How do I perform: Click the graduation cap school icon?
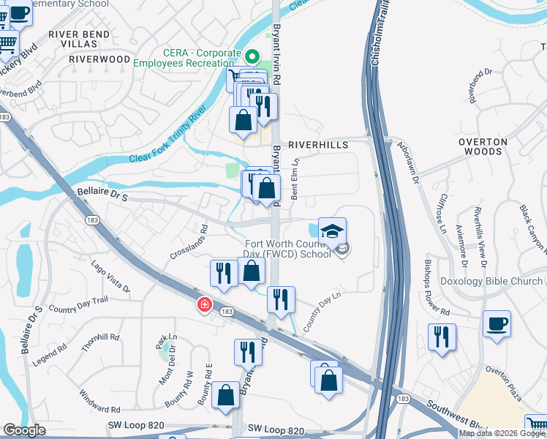coord(332,230)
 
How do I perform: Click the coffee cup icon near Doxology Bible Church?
coord(497,323)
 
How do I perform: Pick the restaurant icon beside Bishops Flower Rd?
coord(442,337)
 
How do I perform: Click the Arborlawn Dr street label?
coord(407,162)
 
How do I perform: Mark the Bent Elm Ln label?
coord(296,179)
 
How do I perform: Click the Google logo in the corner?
coord(24,430)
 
